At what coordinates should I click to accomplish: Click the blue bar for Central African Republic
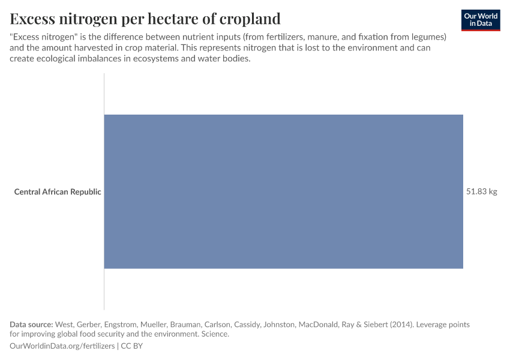(x=283, y=191)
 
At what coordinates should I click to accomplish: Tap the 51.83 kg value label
(x=482, y=192)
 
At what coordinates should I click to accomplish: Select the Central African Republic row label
(x=58, y=192)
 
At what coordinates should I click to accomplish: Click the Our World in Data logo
(x=481, y=20)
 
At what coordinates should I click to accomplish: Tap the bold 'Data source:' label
(x=31, y=325)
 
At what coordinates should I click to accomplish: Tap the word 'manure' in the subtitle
(x=322, y=37)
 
